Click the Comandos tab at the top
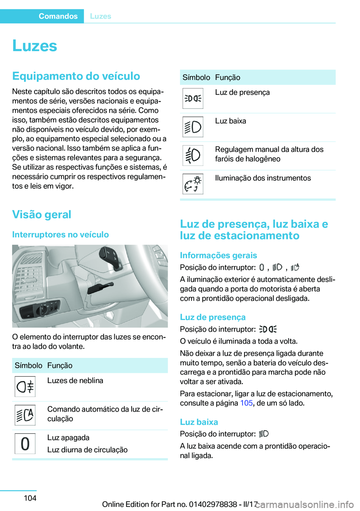click(58, 16)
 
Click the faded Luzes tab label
click(100, 16)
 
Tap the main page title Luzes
click(34, 46)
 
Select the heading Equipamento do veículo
click(76, 76)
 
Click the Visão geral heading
click(42, 215)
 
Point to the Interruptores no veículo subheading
click(60, 234)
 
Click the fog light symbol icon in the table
click(25, 386)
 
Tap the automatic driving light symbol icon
click(25, 415)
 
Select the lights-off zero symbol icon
click(25, 443)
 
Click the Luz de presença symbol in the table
click(193, 98)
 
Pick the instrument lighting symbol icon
click(193, 184)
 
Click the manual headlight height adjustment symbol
click(193, 155)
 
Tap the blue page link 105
click(246, 403)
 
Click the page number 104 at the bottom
click(30, 498)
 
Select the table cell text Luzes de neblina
click(75, 380)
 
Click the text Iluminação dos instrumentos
click(263, 178)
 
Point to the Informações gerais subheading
click(218, 255)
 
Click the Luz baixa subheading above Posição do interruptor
click(199, 422)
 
